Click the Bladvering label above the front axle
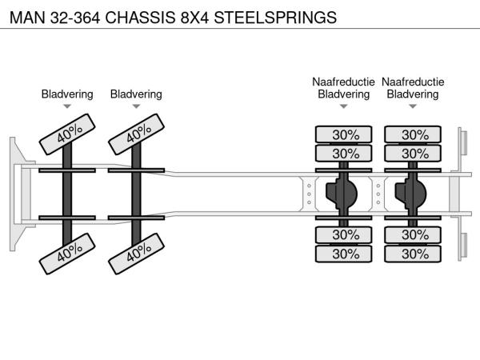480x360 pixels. click(67, 94)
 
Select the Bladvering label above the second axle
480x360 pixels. click(136, 94)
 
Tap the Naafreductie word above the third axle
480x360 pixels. click(343, 82)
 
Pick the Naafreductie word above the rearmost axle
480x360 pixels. click(413, 82)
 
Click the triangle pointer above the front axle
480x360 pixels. click(67, 106)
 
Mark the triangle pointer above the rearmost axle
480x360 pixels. click(413, 106)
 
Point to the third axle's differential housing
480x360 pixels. click(345, 194)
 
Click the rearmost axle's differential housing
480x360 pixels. click(414, 194)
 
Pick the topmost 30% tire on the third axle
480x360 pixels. click(345, 134)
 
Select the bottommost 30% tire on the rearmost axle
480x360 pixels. click(414, 254)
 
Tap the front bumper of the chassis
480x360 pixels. click(16, 194)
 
